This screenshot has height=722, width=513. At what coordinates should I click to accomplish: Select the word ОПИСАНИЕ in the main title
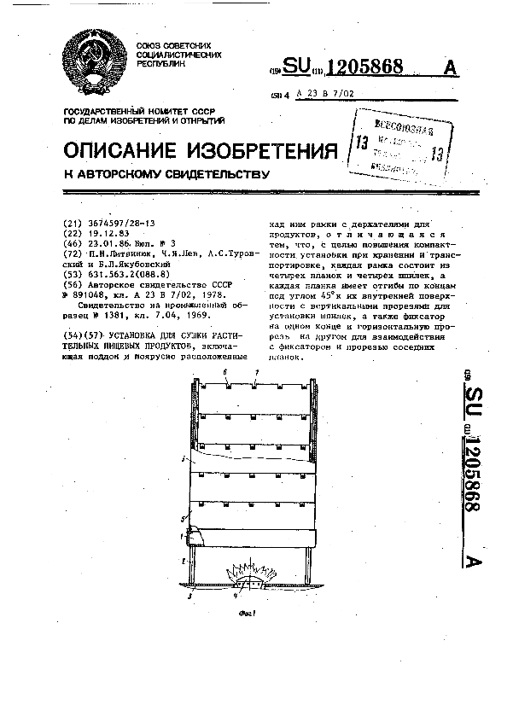pos(116,151)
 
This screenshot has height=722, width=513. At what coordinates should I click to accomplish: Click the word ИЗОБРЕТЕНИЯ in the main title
pos(256,151)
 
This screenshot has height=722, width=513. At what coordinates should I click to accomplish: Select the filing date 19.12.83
pos(108,232)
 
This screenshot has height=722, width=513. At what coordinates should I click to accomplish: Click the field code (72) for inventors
pos(73,253)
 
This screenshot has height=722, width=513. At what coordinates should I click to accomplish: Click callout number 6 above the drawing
pos(225,373)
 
